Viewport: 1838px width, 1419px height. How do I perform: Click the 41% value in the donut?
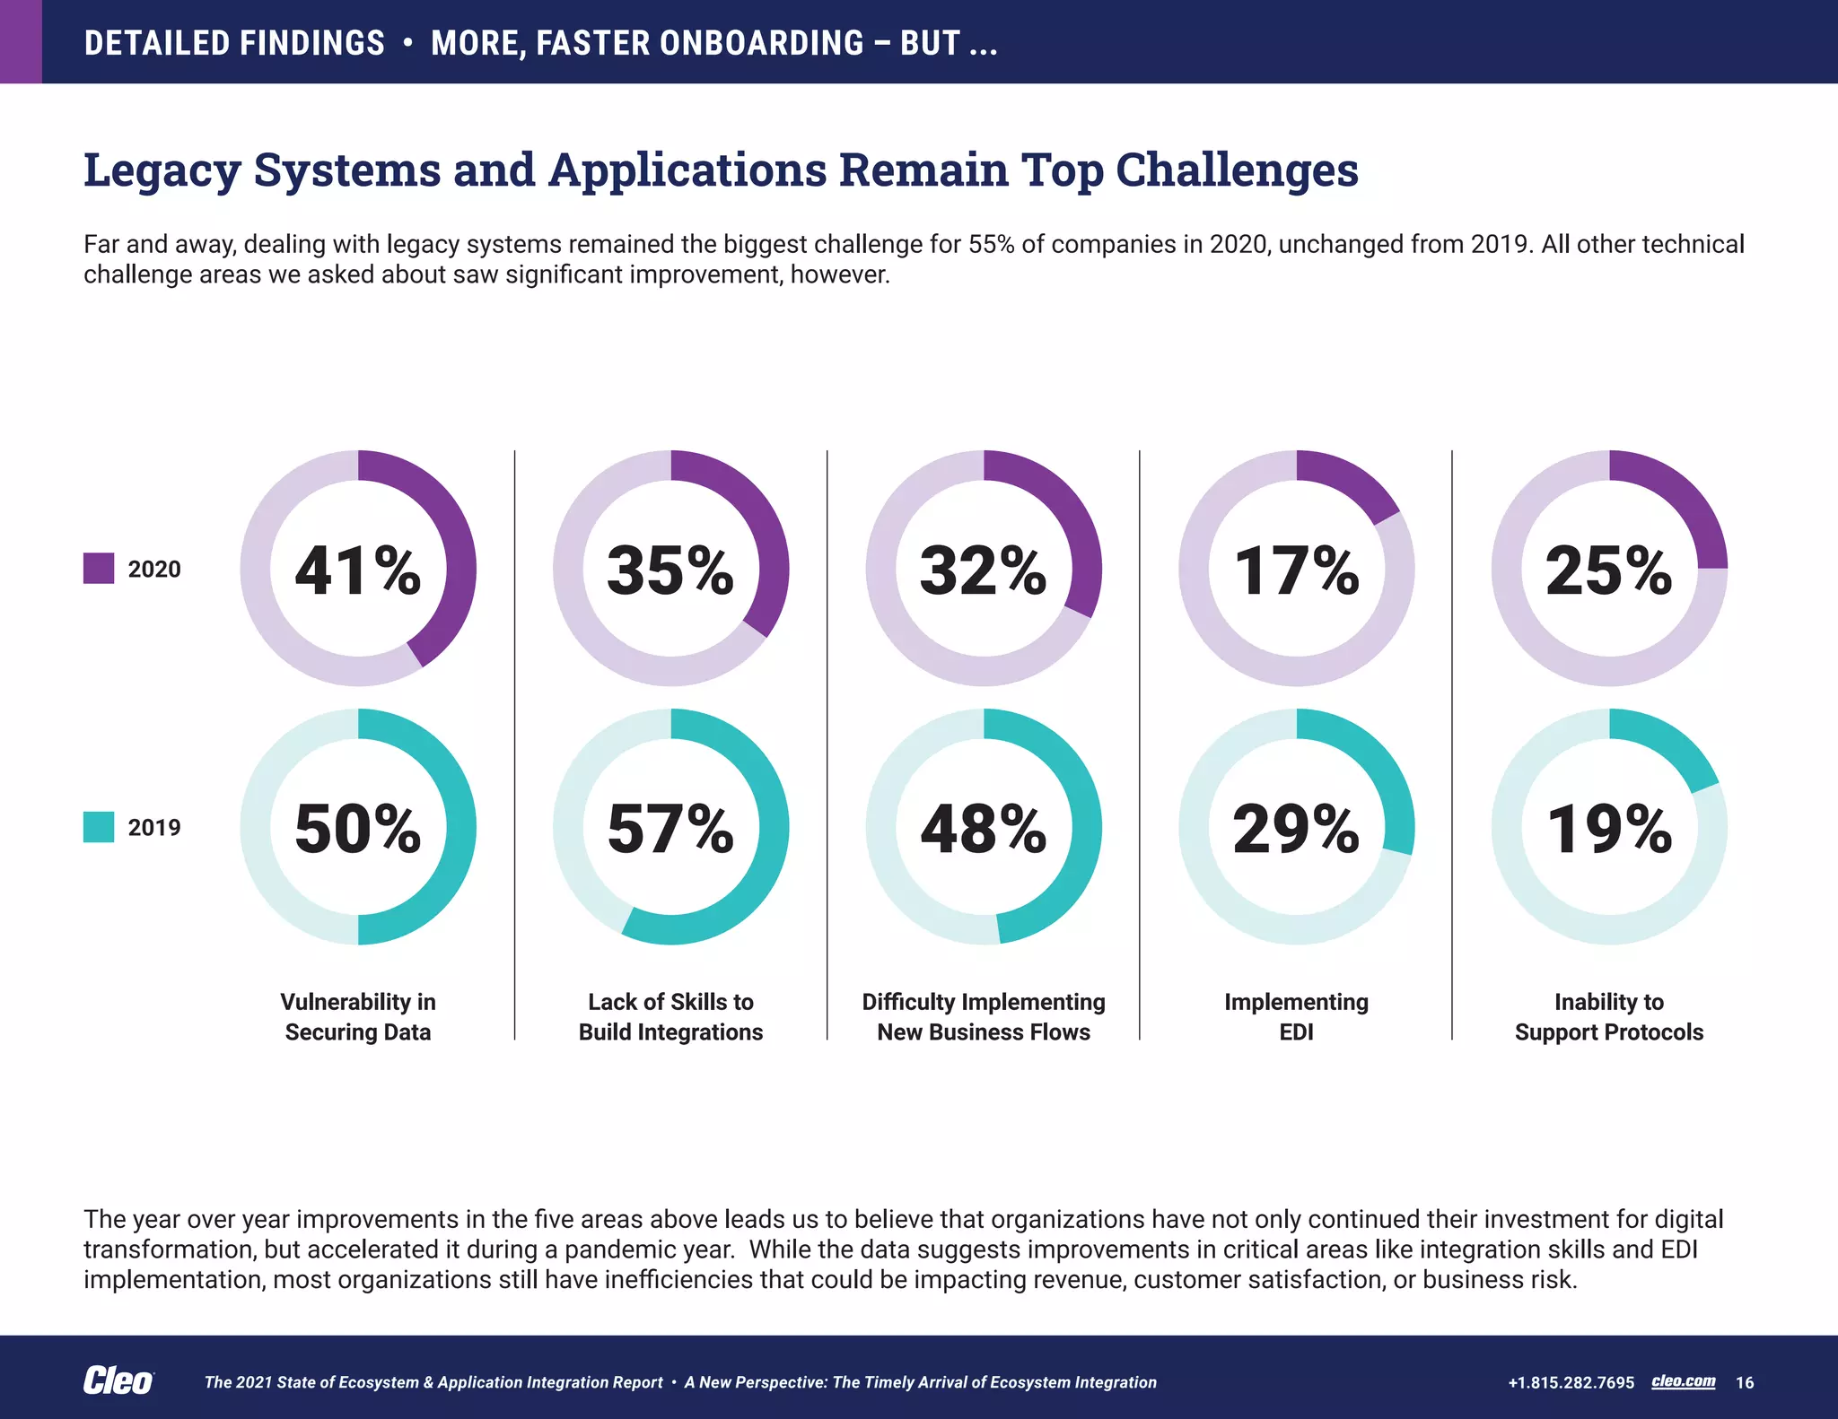pos(357,570)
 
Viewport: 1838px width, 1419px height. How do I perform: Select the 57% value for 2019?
pos(670,829)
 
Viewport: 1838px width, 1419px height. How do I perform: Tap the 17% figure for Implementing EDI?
pos(1296,570)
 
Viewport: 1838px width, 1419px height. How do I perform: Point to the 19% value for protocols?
pos(1608,829)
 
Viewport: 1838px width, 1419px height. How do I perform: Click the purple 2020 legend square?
pos(99,569)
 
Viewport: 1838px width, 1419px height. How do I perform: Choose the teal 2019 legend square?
pos(99,827)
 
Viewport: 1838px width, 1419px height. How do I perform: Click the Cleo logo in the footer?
pos(118,1381)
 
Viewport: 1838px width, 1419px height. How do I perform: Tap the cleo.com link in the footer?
pos(1683,1381)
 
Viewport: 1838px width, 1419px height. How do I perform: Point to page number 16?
pos(1745,1382)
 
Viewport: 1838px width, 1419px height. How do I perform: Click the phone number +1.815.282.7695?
pos(1571,1382)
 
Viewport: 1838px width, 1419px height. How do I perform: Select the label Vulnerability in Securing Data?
pos(357,1016)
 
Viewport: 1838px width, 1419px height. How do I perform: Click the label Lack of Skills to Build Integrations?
pos(670,1016)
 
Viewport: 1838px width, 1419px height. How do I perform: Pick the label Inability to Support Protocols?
pos(1608,1016)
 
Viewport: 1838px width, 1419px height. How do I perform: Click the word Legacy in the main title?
pos(162,170)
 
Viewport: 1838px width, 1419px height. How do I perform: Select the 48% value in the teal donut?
pos(983,829)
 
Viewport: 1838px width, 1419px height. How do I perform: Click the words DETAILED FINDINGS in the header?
pos(234,43)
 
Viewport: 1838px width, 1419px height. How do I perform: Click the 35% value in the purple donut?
pos(670,570)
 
